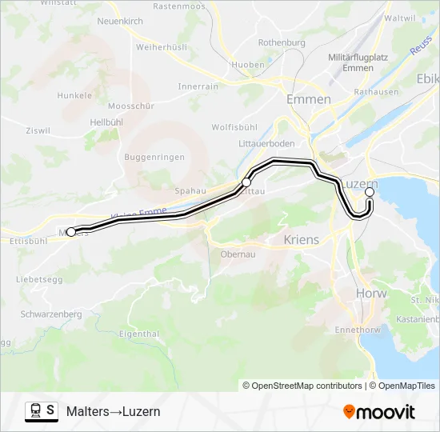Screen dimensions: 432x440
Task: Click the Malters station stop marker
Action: [70, 232]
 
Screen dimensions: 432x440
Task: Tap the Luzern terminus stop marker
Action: [370, 193]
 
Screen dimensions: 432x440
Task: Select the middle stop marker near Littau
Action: [246, 183]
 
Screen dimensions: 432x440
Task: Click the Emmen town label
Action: [308, 99]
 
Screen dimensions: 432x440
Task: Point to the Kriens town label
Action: [301, 239]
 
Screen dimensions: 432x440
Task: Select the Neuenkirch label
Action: [119, 21]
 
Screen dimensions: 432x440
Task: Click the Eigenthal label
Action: [138, 333]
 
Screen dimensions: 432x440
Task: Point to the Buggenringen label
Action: [154, 158]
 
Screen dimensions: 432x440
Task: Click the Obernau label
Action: [238, 254]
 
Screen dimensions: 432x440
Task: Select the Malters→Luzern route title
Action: [113, 412]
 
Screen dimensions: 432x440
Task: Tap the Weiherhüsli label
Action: [161, 47]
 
